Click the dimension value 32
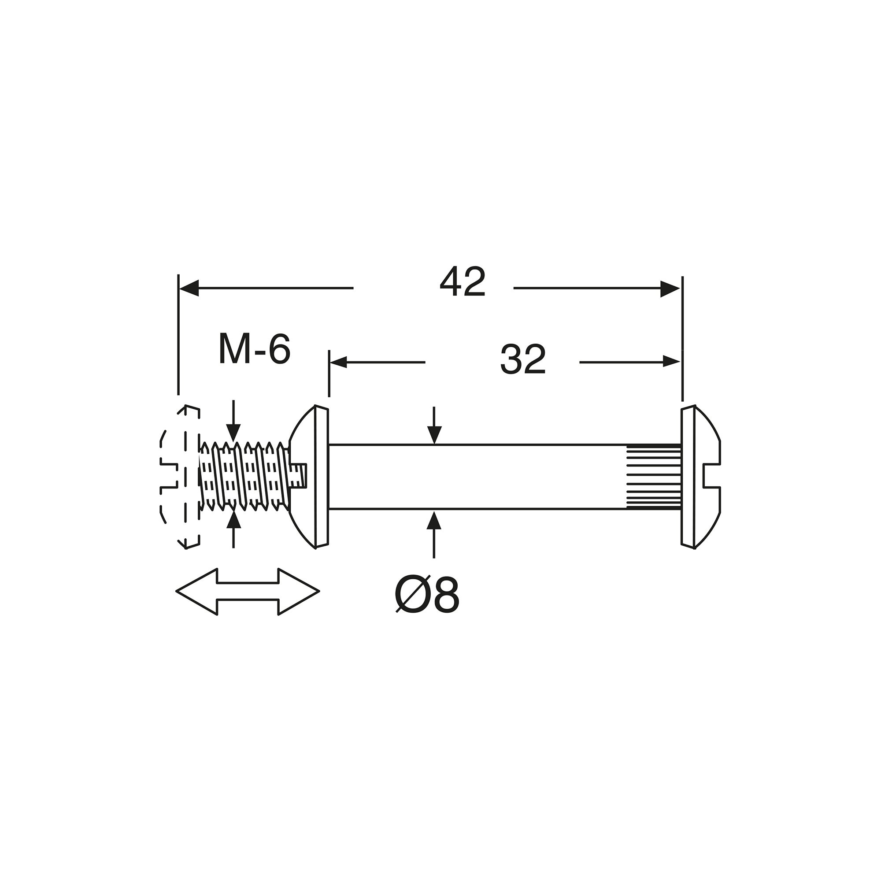click(522, 360)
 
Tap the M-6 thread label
click(255, 349)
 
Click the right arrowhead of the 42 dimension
click(670, 288)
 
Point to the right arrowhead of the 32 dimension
click(671, 363)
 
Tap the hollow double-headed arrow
click(248, 592)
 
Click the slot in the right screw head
click(712, 476)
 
